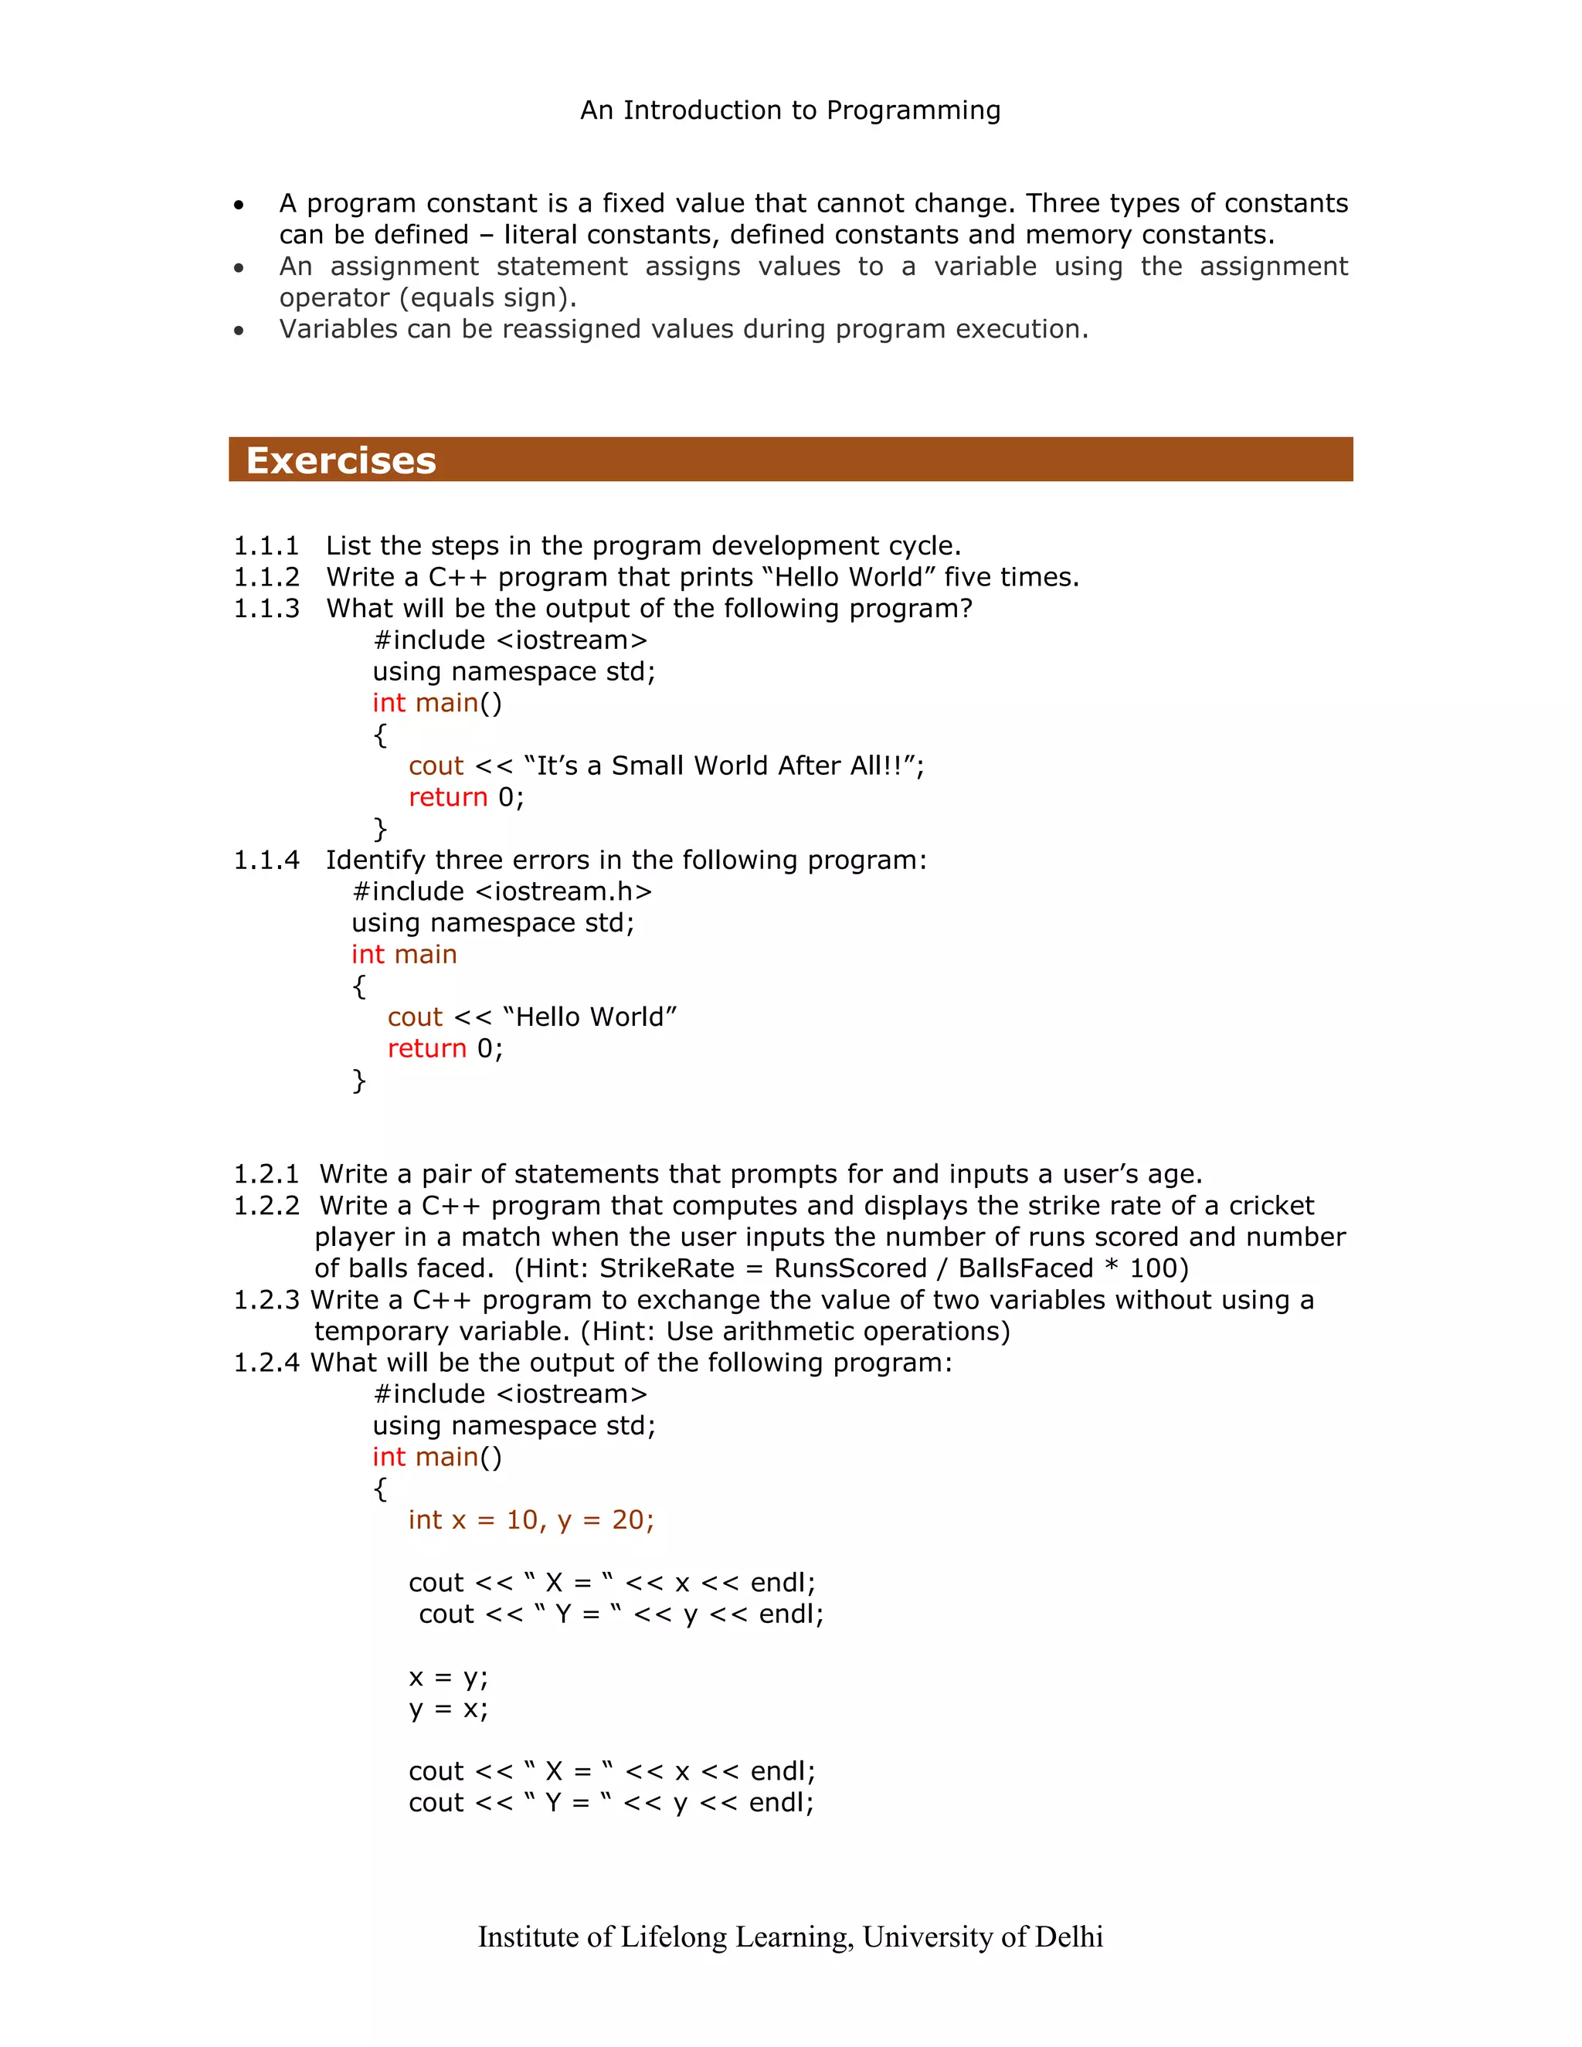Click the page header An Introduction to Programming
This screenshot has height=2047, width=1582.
pyautogui.click(x=790, y=110)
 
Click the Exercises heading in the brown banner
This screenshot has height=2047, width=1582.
pyautogui.click(x=341, y=460)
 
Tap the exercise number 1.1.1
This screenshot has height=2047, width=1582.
pyautogui.click(x=266, y=545)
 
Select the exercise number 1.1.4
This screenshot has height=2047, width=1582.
pyautogui.click(x=266, y=860)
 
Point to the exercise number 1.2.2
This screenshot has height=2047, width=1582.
pyautogui.click(x=266, y=1205)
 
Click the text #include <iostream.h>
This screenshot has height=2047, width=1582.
pyautogui.click(x=501, y=891)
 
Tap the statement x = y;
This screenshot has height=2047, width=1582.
pyautogui.click(x=448, y=1677)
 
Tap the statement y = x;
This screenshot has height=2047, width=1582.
pyautogui.click(x=448, y=1709)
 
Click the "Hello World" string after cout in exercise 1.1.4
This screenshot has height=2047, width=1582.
pyautogui.click(x=589, y=1017)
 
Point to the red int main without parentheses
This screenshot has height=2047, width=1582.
pyautogui.click(x=404, y=954)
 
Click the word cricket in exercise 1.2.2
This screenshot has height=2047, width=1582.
pyautogui.click(x=1271, y=1205)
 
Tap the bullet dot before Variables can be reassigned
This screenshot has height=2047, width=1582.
pyautogui.click(x=239, y=330)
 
